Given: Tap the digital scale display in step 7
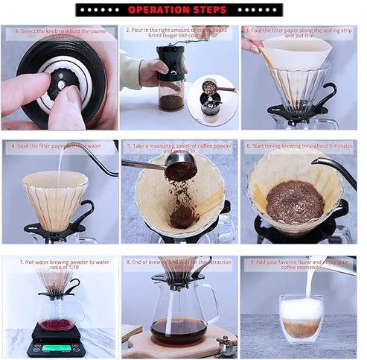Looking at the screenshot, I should tap(56, 347).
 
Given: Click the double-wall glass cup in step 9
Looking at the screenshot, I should tap(301, 319).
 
